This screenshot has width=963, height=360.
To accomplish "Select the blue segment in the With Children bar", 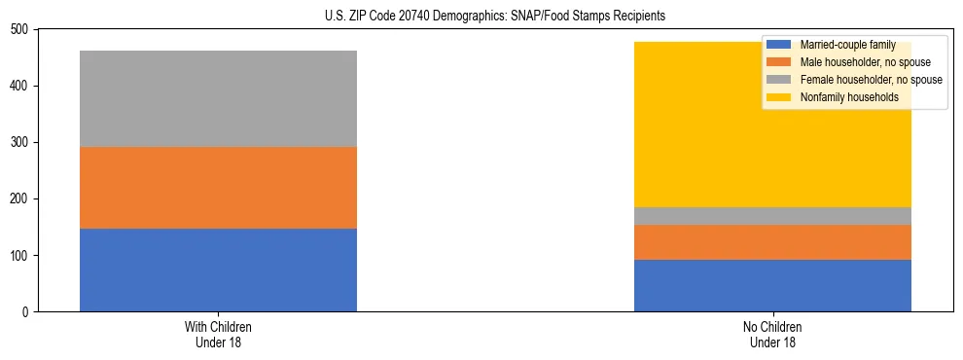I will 218,270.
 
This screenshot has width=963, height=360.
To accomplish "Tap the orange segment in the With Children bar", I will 218,188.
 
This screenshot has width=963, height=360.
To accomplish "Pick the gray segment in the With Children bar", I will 218,98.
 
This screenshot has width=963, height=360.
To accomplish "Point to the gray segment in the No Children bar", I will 772,216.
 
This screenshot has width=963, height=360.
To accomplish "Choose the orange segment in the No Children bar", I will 772,242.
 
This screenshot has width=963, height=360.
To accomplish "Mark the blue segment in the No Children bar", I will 772,285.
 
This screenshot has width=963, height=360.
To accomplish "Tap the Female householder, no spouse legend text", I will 871,80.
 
